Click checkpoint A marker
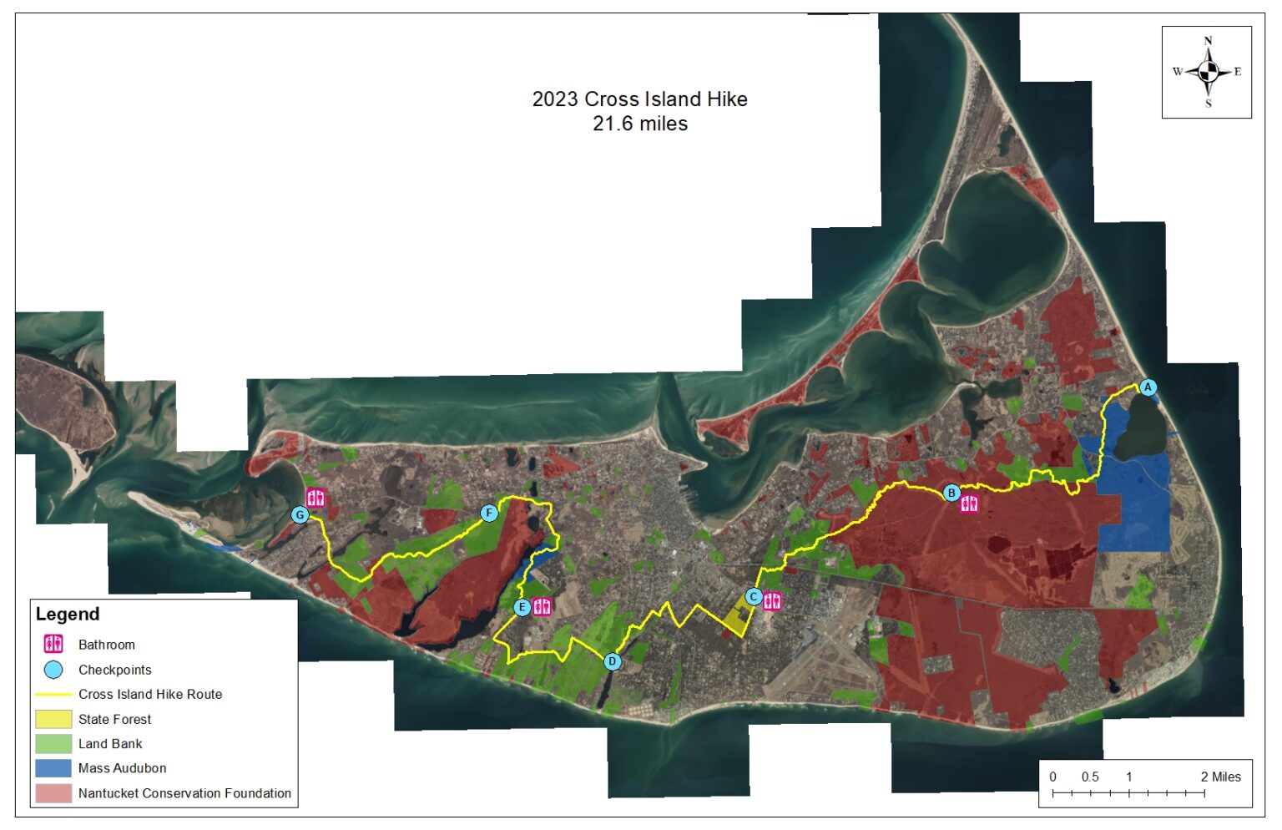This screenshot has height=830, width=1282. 1148,387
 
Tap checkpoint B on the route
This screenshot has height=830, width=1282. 951,493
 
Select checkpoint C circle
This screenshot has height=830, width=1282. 753,597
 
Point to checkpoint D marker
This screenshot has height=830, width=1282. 613,661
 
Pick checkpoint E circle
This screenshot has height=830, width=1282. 522,607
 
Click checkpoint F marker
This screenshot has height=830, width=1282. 489,513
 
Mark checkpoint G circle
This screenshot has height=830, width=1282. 300,515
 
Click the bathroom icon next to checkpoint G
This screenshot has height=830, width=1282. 315,498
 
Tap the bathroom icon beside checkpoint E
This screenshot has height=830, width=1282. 542,606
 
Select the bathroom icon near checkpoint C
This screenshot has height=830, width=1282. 772,600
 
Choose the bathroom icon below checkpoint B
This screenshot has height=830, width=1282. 969,504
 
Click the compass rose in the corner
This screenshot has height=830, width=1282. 1207,72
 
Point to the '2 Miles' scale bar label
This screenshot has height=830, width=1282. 1220,777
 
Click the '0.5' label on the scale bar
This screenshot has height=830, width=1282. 1090,777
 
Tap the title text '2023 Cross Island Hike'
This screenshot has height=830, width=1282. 639,99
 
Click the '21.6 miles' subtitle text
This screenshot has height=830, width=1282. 639,124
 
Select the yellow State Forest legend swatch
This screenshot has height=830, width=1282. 53,719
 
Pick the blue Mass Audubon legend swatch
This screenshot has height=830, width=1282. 53,768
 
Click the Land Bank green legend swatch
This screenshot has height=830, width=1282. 53,743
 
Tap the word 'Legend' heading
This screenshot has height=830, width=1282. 68,615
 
